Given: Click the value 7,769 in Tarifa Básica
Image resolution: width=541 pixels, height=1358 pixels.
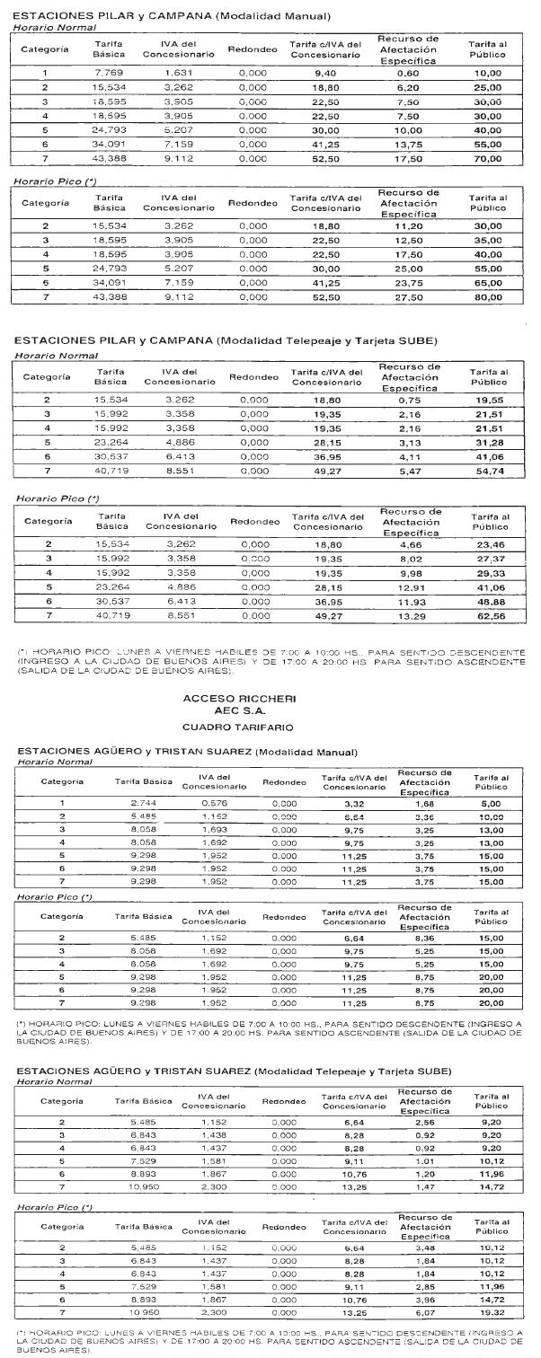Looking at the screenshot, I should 109,74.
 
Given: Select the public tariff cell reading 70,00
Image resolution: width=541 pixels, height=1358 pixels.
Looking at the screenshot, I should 487,159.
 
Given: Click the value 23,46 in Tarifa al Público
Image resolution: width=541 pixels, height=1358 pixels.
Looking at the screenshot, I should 487,544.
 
